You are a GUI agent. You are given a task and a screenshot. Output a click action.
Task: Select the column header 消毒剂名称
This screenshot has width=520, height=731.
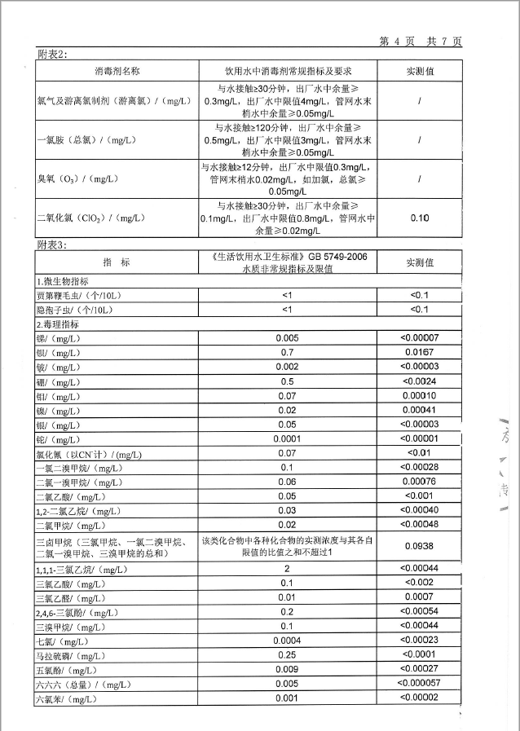point(117,71)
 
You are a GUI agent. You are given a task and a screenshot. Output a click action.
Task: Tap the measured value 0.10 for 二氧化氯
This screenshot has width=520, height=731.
point(419,218)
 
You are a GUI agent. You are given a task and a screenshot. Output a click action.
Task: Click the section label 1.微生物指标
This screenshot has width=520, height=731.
point(64,280)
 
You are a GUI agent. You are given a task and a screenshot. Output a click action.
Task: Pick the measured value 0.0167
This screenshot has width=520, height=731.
point(419,353)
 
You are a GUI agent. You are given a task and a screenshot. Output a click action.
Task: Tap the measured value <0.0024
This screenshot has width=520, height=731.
point(419,381)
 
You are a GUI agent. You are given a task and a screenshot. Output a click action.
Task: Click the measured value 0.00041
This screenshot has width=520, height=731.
point(419,410)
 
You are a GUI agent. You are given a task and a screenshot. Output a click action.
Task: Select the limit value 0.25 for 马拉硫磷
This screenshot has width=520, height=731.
point(287,654)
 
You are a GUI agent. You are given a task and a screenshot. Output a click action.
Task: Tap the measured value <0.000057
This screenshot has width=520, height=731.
point(419,683)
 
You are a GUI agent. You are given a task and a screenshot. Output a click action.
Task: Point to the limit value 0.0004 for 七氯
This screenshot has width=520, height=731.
point(287,641)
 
